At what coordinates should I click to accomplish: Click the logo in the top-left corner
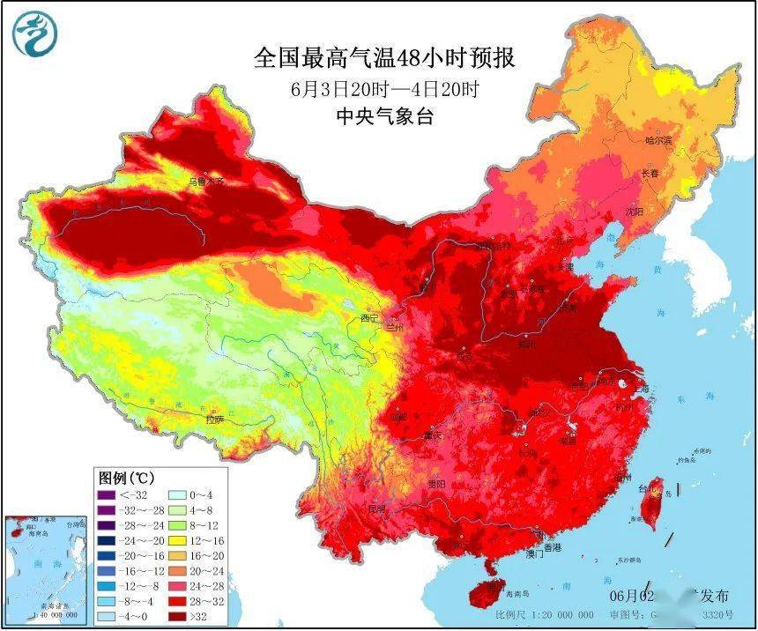pyautogui.click(x=33, y=34)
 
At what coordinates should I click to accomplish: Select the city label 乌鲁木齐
pyautogui.click(x=207, y=181)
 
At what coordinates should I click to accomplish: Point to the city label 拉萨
pyautogui.click(x=215, y=419)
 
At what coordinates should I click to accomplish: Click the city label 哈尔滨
pyautogui.click(x=658, y=140)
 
